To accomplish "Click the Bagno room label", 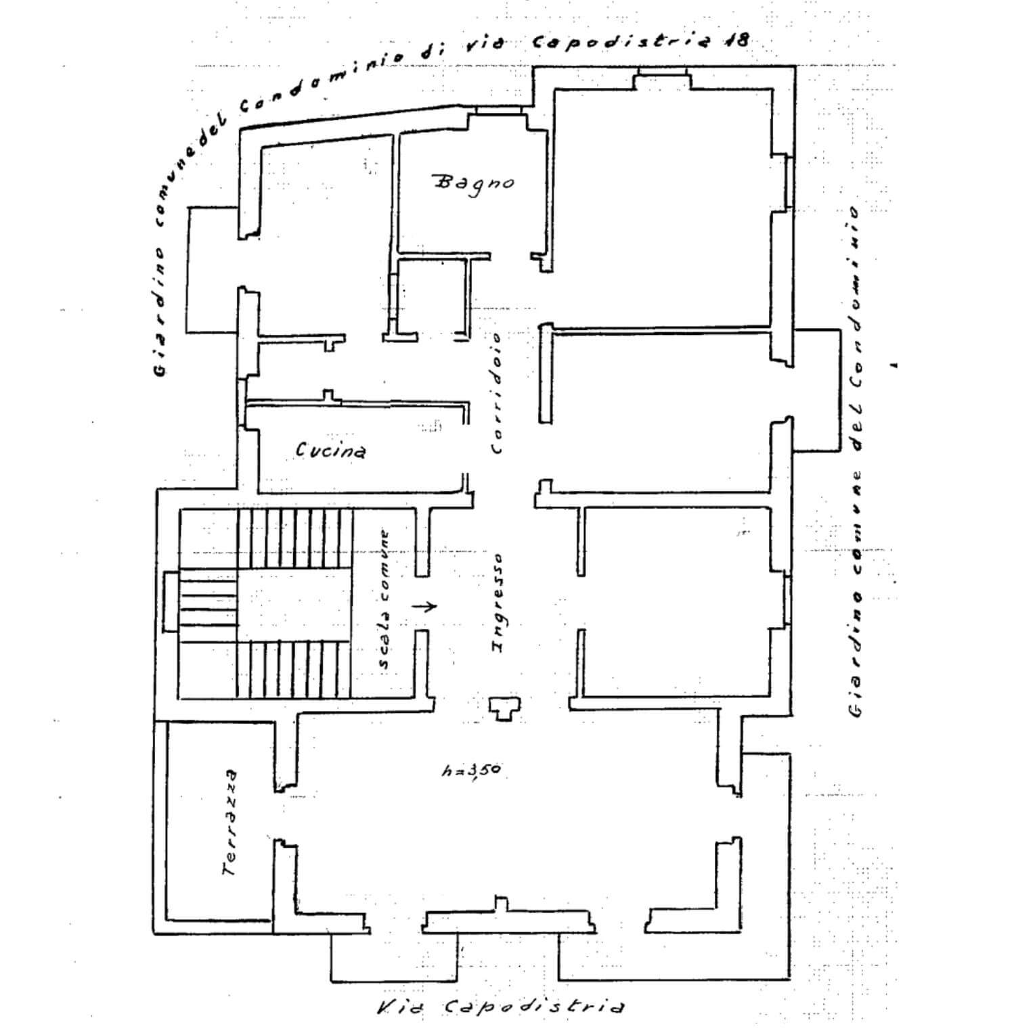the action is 473,183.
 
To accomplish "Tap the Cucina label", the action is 331,450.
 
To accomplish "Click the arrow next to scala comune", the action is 425,606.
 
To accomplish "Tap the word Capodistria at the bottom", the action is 534,1007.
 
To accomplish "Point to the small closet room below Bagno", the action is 433,298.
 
